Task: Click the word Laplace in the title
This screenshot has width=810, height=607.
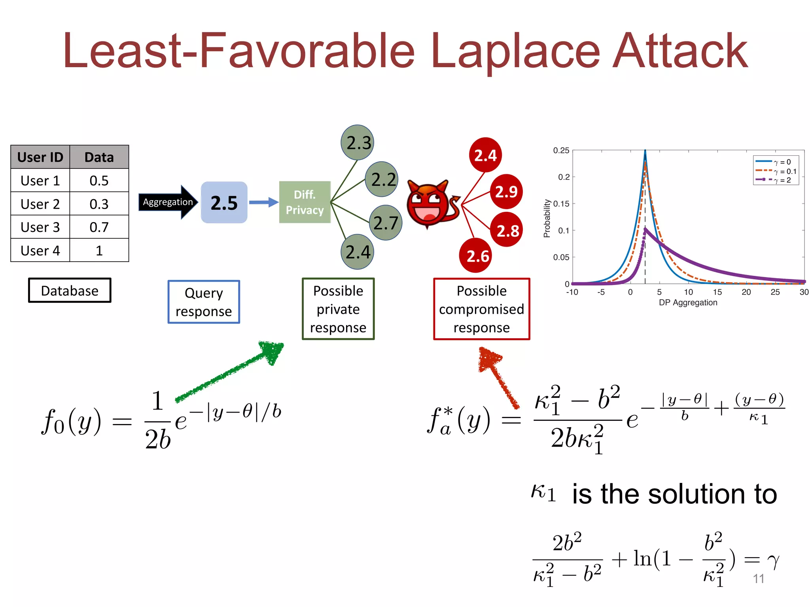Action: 516,51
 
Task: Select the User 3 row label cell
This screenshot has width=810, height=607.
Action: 40,227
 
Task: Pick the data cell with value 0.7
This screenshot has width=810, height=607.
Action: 99,227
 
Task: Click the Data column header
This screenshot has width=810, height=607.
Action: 99,157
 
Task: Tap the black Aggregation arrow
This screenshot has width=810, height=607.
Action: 168,202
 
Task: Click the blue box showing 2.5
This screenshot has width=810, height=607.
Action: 224,203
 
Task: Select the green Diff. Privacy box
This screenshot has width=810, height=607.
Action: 305,202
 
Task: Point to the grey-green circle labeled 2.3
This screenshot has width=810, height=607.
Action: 358,143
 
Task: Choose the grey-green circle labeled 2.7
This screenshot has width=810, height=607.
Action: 386,223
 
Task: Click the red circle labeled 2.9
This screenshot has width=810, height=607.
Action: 506,192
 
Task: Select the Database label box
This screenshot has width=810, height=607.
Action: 70,290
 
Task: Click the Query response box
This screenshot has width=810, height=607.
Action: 204,302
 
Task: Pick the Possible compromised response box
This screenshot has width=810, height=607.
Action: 481,309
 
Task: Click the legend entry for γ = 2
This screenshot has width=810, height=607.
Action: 775,180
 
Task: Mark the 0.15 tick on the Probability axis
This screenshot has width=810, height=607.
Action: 562,204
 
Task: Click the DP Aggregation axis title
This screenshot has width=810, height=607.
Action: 688,303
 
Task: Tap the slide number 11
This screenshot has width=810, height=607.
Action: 758,579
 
